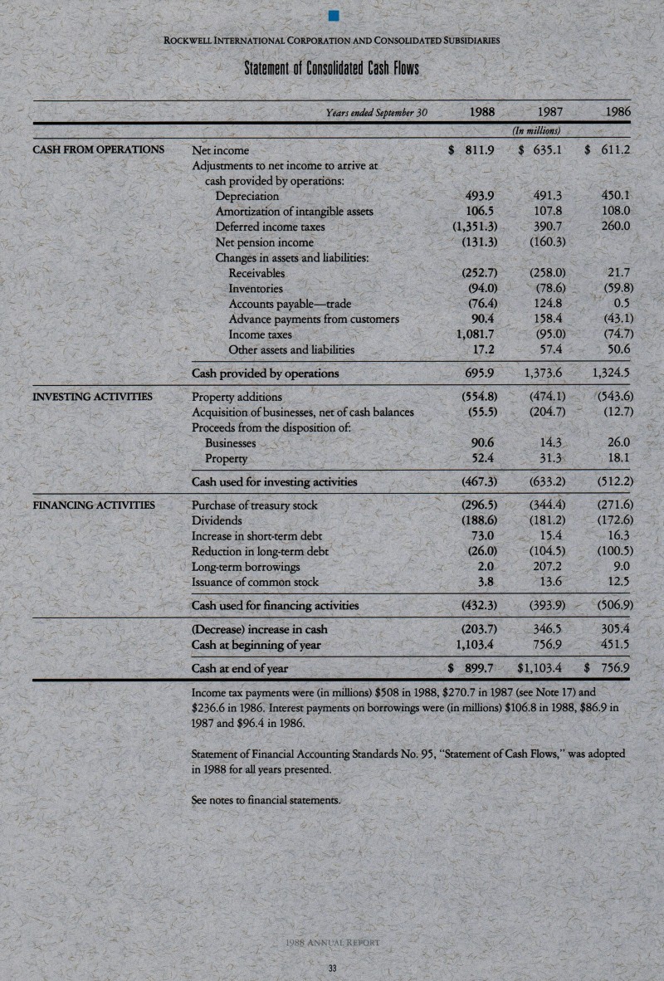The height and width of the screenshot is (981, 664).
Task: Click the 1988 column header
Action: tap(471, 110)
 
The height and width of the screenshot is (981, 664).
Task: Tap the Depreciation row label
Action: tap(247, 197)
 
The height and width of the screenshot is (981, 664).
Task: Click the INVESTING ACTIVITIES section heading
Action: tap(91, 396)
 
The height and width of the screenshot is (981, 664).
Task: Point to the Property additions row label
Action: tap(237, 397)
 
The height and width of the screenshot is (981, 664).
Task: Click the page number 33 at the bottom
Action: tap(332, 968)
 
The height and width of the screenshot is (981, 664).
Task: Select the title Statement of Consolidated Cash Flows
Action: tap(331, 66)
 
